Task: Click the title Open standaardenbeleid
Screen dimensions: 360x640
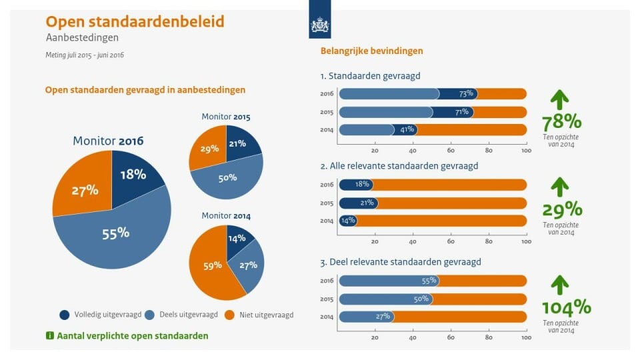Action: [x=134, y=21]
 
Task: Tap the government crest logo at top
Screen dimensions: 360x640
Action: [x=320, y=26]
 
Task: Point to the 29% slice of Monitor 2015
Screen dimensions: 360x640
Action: [x=209, y=149]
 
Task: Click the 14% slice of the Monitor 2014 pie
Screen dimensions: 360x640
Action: [x=237, y=238]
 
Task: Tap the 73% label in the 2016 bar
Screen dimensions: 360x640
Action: [x=465, y=94]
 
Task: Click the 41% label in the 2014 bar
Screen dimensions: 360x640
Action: [x=407, y=129]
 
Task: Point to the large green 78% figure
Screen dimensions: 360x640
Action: [x=561, y=123]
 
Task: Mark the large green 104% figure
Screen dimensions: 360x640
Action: [x=566, y=307]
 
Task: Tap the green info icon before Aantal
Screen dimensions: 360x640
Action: [x=49, y=336]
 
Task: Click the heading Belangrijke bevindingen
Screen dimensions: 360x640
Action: [x=371, y=51]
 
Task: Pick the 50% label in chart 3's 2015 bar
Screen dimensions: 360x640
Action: [x=421, y=299]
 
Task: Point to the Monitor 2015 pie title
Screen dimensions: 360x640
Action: [x=225, y=117]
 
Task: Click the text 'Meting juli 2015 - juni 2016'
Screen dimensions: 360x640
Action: [x=85, y=55]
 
